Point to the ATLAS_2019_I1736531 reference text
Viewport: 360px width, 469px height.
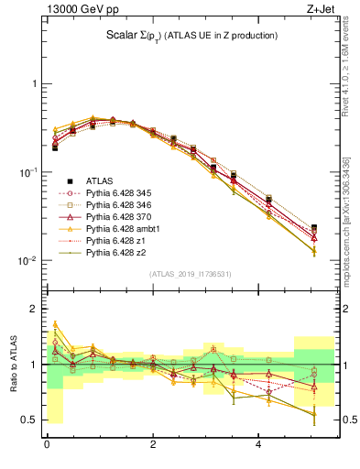(x=191, y=274)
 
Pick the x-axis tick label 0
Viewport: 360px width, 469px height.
(x=47, y=445)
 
